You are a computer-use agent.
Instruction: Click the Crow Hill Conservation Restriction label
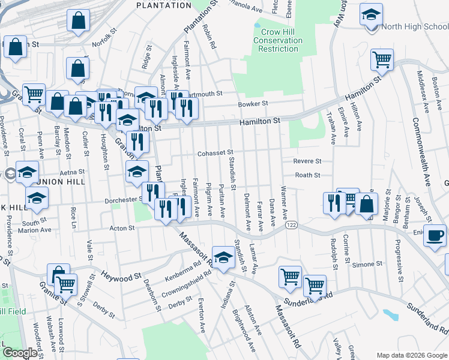click(277, 40)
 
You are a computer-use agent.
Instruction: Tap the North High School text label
click(414, 26)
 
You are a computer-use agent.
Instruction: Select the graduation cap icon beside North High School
click(372, 15)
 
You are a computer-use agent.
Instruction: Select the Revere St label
click(307, 161)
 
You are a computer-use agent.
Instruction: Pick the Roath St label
click(307, 175)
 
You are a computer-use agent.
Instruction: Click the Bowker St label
click(253, 103)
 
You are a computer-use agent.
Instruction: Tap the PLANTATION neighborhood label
click(164, 5)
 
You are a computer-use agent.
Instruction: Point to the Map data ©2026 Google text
click(412, 356)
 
